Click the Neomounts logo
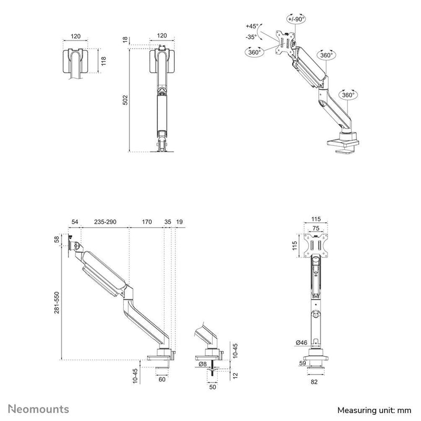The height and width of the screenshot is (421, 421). pos(38,409)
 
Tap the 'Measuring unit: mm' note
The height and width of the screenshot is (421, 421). pos(374,410)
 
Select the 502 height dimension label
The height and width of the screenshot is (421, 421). pos(125,100)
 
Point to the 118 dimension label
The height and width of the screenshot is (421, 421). pos(104,61)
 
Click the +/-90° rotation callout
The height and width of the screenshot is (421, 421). pos(296,19)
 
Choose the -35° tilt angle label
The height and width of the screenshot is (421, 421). pos(252,37)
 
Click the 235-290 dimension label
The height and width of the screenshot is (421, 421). pos(105,222)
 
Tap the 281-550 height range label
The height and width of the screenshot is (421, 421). pos(57,303)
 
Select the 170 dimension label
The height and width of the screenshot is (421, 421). pos(147,222)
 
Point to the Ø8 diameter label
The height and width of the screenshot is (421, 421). pos(203,364)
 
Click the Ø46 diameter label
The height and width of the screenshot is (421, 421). pos(302,343)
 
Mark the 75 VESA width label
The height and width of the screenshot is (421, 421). pos(316,228)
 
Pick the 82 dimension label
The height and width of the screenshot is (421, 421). pos(314,382)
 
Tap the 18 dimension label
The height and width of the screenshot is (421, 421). pos(125,40)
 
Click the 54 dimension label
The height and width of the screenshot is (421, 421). pos(75,222)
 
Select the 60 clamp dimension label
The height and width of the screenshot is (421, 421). pos(162,379)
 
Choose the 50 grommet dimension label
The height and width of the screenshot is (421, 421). pos(213,387)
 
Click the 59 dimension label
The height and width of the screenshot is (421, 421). pos(303,363)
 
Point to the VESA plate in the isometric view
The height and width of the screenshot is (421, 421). pos(285,43)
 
